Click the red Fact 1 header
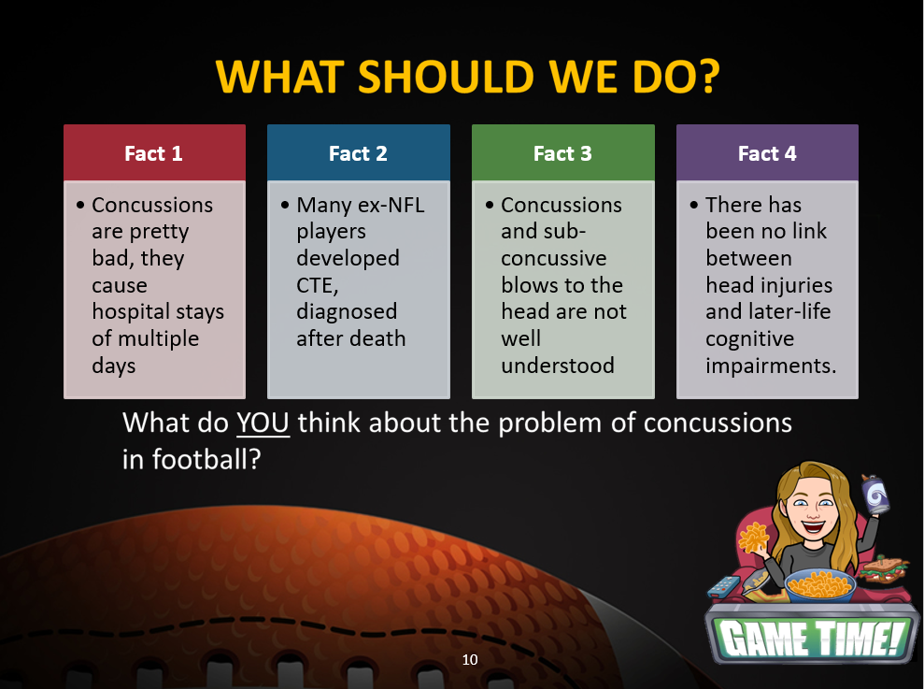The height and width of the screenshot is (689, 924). (x=154, y=152)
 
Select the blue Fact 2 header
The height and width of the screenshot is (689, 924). (x=358, y=152)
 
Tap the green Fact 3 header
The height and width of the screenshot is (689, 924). (x=562, y=152)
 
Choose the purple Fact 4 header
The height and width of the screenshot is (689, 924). (x=767, y=152)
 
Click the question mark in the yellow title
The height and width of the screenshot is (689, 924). (x=706, y=77)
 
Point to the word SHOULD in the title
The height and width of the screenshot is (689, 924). (x=446, y=77)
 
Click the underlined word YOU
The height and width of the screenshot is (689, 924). (x=263, y=423)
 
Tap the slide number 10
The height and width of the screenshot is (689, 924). (x=470, y=659)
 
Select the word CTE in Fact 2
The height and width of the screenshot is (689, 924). (x=317, y=285)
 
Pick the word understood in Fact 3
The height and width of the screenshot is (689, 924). (x=558, y=366)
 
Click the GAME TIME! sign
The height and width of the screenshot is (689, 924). (x=812, y=637)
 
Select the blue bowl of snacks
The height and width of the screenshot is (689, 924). (x=819, y=584)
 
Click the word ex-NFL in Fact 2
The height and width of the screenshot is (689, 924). (x=390, y=205)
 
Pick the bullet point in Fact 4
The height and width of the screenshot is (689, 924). (x=693, y=206)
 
